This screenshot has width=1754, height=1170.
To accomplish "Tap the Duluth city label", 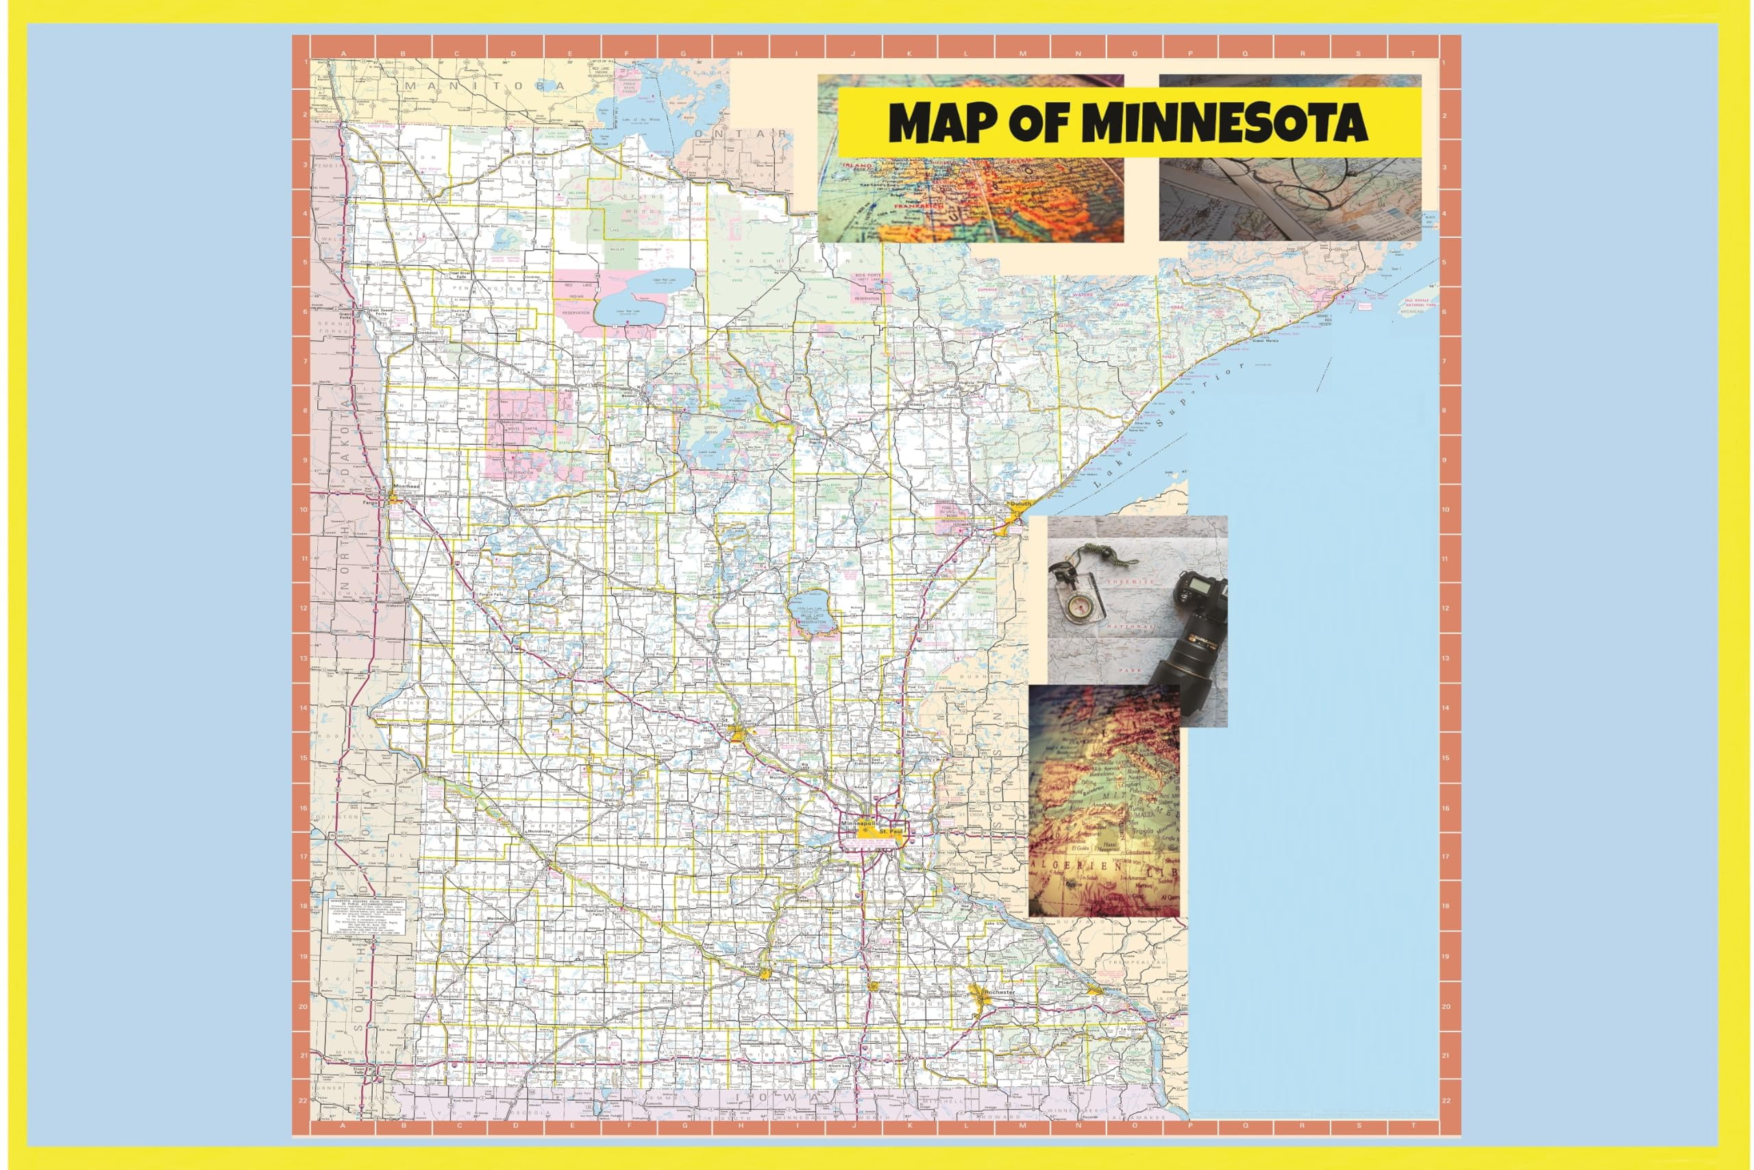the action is (x=1021, y=504).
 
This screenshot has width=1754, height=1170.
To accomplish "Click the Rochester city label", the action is (x=1000, y=992).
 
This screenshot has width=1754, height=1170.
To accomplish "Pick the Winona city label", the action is (x=1111, y=990).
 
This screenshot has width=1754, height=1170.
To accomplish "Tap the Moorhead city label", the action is (x=407, y=487).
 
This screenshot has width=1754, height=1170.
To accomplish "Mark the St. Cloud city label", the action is (x=725, y=723).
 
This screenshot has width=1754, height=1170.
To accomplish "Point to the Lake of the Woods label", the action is (x=643, y=119).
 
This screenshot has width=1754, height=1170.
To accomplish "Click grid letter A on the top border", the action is (x=343, y=53).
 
